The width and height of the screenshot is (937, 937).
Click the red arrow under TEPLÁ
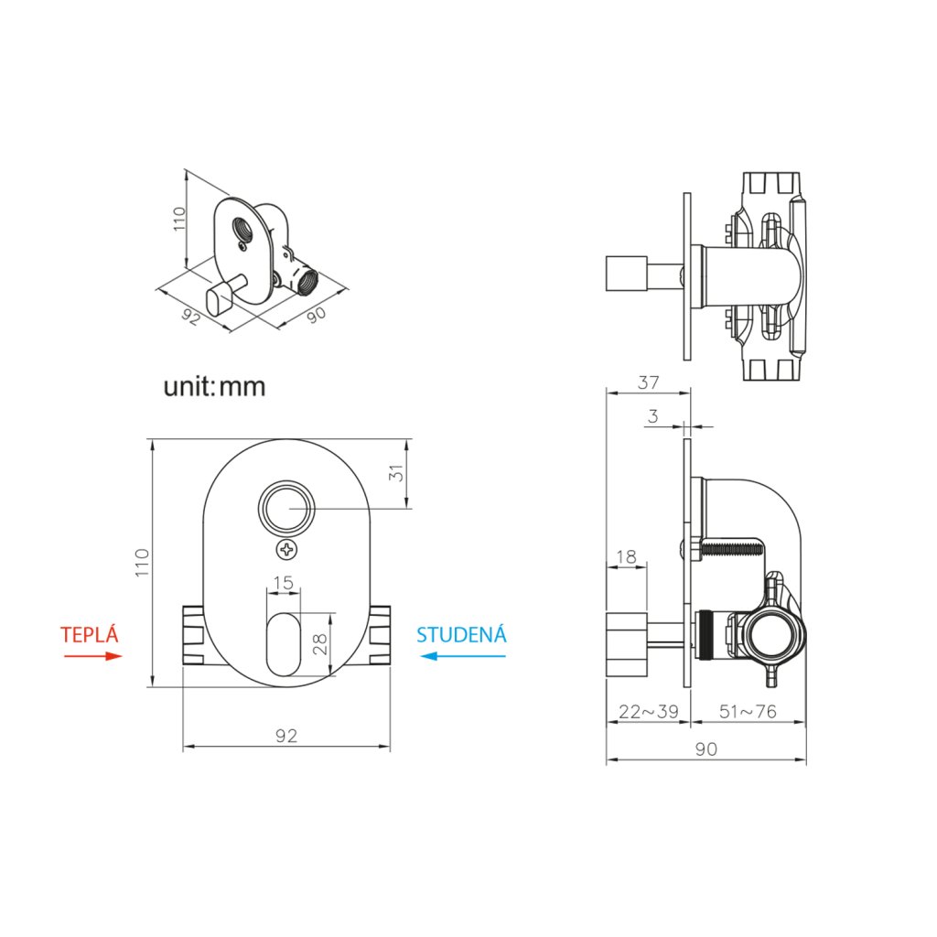click(x=92, y=655)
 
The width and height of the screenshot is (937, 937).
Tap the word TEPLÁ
click(x=91, y=635)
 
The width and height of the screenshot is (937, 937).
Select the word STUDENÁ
click(x=461, y=635)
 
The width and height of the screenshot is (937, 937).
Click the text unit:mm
click(x=214, y=386)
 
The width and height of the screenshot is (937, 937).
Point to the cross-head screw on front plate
click(x=287, y=550)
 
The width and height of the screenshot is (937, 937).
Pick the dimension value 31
click(x=396, y=474)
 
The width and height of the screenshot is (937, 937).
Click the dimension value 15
click(x=283, y=582)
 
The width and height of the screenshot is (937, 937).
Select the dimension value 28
click(x=319, y=643)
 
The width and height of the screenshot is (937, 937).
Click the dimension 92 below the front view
click(x=286, y=736)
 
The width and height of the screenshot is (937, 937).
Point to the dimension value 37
click(x=648, y=382)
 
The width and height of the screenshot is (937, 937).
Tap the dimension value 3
click(x=652, y=416)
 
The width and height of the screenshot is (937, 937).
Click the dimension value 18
click(x=626, y=556)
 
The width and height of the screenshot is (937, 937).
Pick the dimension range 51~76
click(x=748, y=712)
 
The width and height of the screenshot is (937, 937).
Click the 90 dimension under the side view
click(x=705, y=749)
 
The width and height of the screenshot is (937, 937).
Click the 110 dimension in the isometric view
click(x=179, y=219)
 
